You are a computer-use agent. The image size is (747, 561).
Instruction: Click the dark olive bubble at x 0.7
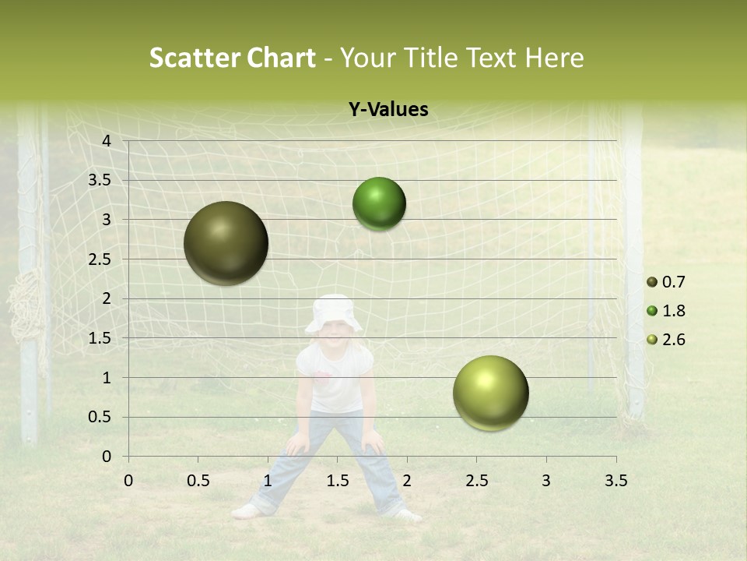point(226,243)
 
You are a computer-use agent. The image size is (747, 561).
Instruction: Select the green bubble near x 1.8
point(379,204)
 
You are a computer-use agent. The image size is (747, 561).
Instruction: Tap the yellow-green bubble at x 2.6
point(490,393)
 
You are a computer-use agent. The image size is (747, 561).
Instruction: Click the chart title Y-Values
point(388,110)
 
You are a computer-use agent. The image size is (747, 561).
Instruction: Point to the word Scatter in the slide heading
point(194,58)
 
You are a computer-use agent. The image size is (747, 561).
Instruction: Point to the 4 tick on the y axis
point(107,141)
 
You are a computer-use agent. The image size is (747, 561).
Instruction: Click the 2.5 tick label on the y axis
point(100,259)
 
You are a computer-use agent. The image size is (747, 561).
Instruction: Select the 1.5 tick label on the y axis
point(100,338)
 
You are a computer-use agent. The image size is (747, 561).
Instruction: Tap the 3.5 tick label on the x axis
point(615,481)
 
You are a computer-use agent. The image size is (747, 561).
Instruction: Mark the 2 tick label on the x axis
point(407,481)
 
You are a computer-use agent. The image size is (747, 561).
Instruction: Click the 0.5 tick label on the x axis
point(198,481)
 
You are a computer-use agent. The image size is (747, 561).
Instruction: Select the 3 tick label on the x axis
point(546,481)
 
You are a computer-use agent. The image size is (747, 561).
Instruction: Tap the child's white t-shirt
point(335,378)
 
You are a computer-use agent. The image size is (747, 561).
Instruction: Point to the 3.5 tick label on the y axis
point(100,180)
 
